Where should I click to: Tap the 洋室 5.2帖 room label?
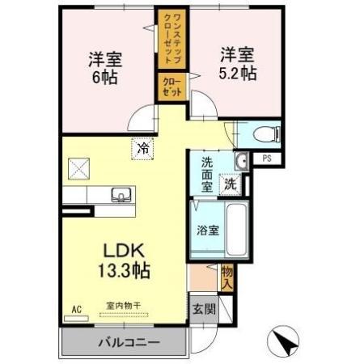point(237,63)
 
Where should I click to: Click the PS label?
point(266,159)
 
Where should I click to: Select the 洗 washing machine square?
point(231,183)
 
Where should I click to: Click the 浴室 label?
point(207,230)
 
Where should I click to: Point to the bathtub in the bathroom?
point(235,229)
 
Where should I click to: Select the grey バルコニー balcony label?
point(129,342)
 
